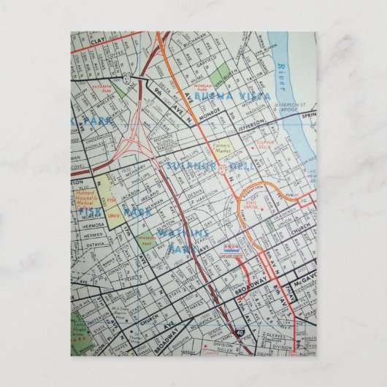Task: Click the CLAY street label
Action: [99, 43]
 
